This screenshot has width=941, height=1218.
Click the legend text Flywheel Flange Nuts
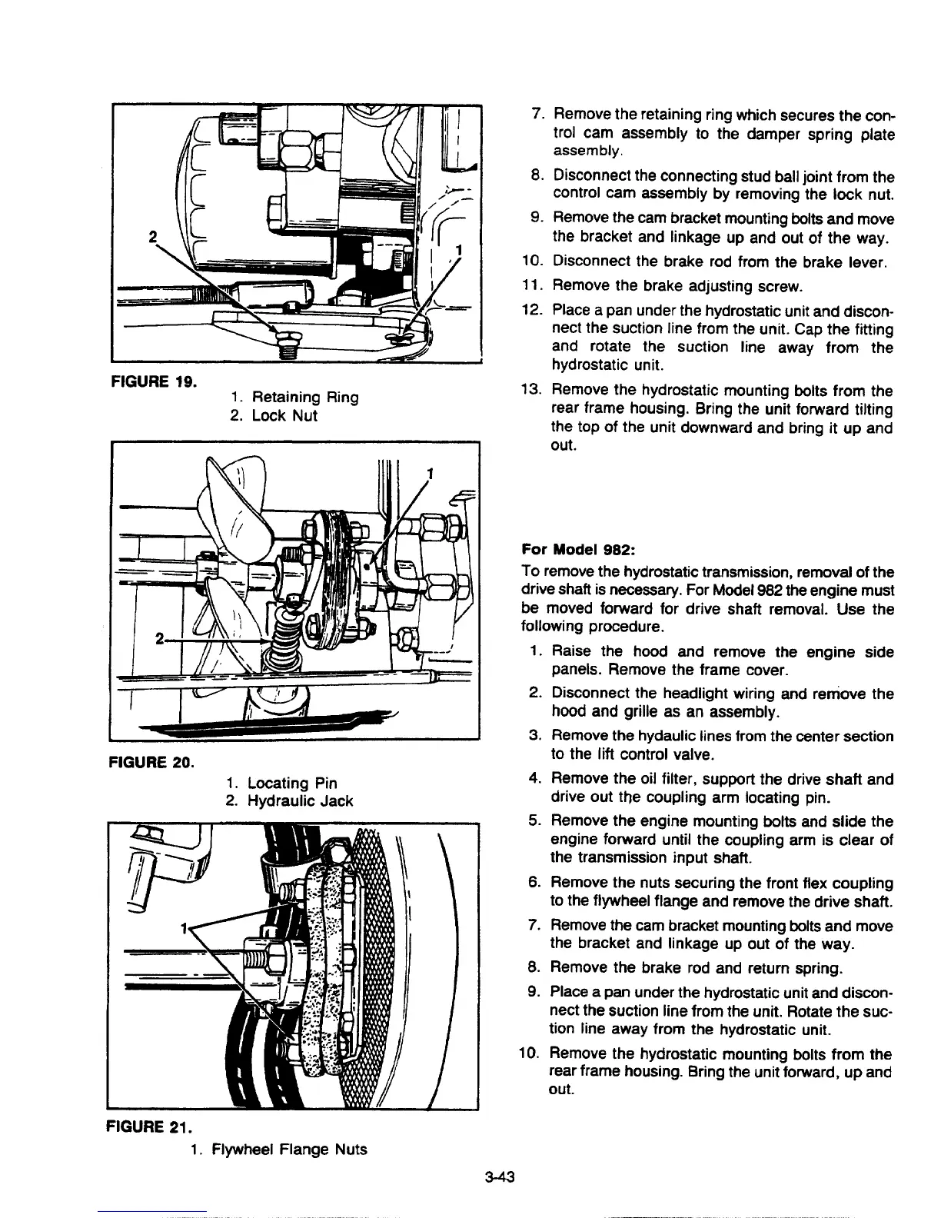(x=288, y=1150)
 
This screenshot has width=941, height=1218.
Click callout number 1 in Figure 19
(x=458, y=250)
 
